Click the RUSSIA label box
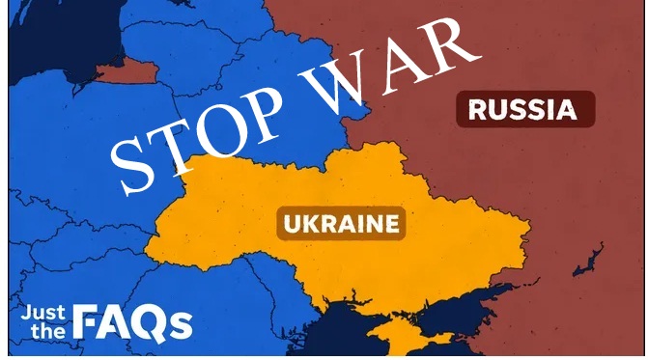(524, 108)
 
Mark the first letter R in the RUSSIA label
(476, 108)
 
